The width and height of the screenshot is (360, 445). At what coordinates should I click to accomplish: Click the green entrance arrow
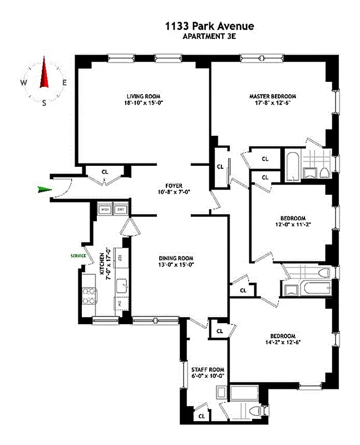43,190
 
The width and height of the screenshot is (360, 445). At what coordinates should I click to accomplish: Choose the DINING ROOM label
176,258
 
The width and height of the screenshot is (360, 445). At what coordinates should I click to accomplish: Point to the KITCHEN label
101,262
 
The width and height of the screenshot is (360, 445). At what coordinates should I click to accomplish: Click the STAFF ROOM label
207,369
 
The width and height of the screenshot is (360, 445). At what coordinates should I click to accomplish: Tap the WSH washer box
104,210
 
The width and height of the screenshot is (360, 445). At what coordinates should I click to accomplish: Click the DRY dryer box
120,210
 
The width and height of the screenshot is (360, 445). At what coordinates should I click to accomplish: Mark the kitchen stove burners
88,295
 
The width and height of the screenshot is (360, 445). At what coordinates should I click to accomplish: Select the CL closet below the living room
105,171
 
